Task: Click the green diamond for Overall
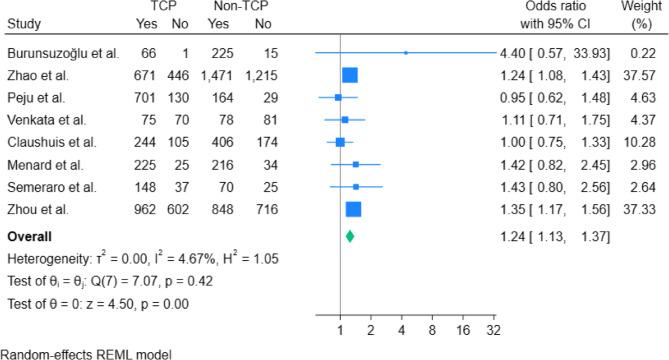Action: (x=350, y=236)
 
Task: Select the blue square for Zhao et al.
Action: (x=349, y=73)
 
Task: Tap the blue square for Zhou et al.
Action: (x=353, y=209)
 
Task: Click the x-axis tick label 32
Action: (x=493, y=328)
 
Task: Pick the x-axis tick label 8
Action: (x=432, y=328)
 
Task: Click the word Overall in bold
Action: (x=32, y=237)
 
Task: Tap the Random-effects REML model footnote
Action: (x=75, y=353)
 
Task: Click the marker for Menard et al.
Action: (x=356, y=164)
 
